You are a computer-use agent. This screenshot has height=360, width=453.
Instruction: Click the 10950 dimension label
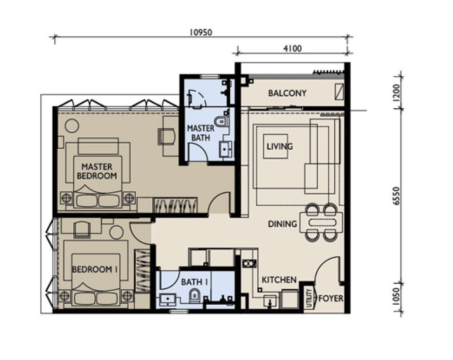point(200,32)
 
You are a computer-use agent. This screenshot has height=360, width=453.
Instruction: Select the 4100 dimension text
point(292,48)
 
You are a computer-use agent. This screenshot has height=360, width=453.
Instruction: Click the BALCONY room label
point(287,93)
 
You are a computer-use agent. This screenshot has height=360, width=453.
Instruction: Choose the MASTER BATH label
point(201,133)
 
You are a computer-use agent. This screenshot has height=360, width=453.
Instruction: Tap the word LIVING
point(279,146)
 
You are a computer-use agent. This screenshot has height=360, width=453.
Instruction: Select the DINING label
point(282,224)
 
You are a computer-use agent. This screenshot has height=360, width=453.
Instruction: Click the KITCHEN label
point(279,280)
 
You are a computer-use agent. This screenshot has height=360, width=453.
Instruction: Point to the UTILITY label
point(309,298)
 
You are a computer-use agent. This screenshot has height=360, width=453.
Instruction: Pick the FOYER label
point(331,298)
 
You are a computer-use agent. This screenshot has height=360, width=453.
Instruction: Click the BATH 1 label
point(194,282)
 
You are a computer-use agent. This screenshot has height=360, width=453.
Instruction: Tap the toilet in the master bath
point(222,121)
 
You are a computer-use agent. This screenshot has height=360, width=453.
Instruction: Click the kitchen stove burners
point(249,263)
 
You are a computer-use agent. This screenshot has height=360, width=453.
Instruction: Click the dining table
point(321,223)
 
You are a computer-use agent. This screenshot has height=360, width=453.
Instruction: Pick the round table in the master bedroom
point(72,126)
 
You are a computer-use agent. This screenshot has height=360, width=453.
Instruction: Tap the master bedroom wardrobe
point(175,205)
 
